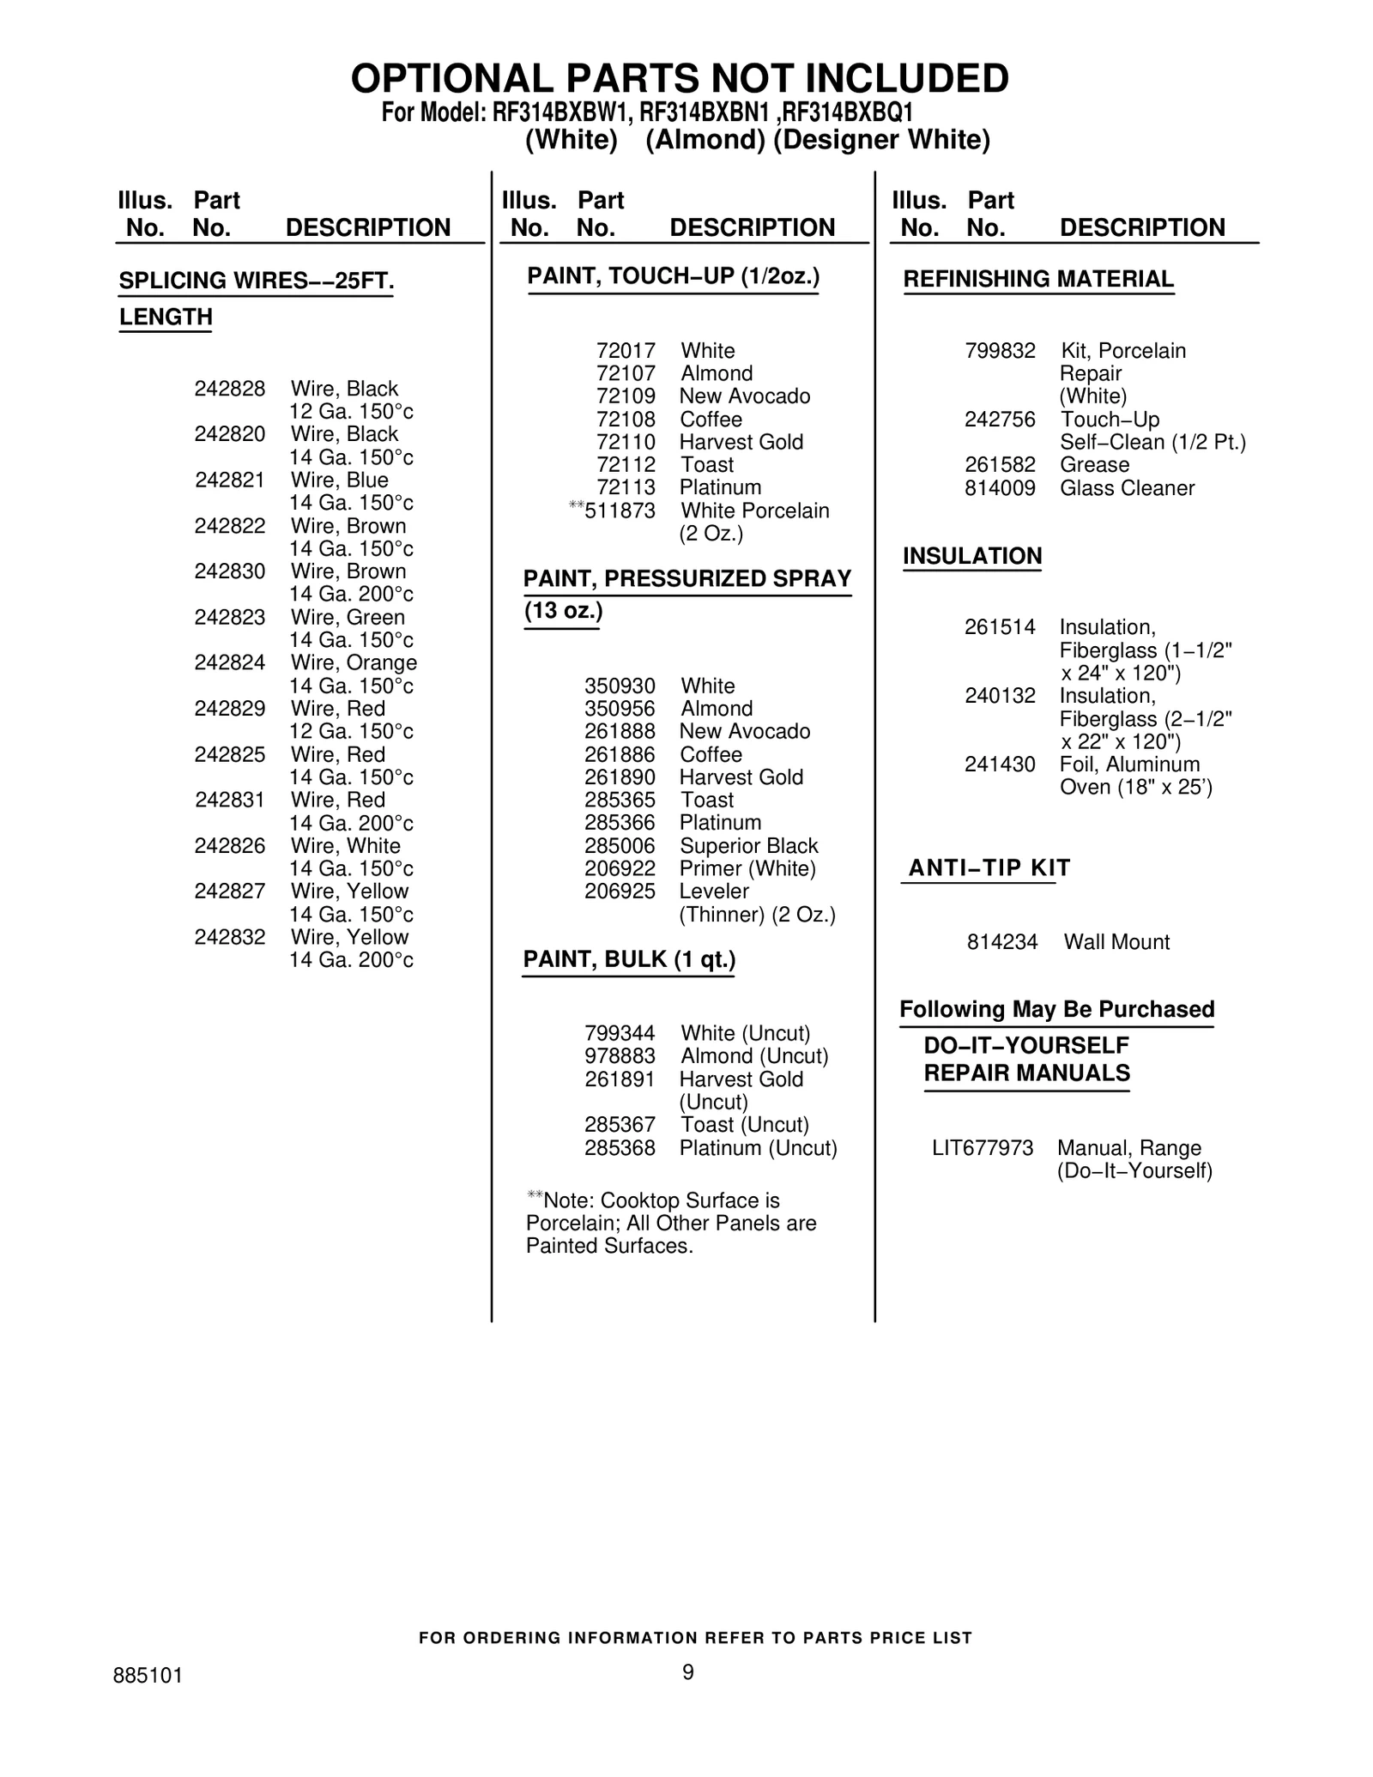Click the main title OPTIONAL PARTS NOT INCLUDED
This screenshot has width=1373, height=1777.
pos(680,79)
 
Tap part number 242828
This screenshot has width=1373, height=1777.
pos(229,389)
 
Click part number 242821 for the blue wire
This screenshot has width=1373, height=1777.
pos(229,481)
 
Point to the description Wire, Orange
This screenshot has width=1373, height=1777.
pos(354,662)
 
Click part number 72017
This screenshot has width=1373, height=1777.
pos(626,351)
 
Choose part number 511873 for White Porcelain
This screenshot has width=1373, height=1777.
pos(620,511)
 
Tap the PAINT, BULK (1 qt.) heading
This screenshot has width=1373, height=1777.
pos(629,959)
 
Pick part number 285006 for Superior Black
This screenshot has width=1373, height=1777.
pos(620,846)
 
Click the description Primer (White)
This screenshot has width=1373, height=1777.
pos(747,868)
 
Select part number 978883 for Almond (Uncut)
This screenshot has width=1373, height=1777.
pos(620,1056)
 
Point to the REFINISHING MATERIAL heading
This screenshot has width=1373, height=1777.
pos(1038,279)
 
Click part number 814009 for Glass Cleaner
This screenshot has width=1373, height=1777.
pos(1000,488)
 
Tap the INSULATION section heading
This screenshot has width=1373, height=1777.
pos(972,556)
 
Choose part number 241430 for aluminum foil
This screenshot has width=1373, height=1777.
pos(1000,765)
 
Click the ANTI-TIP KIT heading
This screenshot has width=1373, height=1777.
pos(989,867)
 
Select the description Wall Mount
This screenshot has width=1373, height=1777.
pos(1116,942)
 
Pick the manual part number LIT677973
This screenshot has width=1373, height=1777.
pos(983,1148)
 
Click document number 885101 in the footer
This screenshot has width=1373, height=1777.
pos(148,1676)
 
